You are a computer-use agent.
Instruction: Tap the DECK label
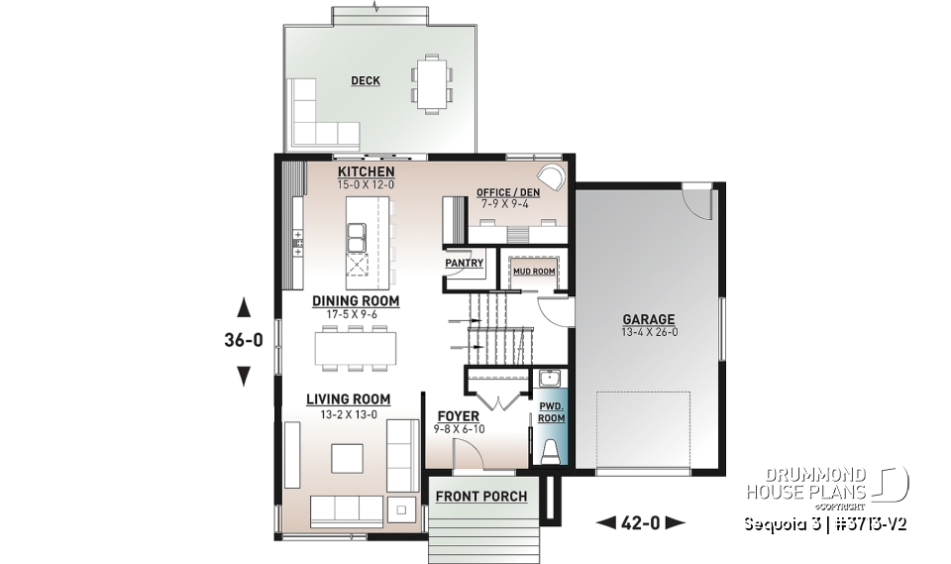click(x=366, y=81)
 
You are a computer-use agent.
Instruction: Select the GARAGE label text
click(x=648, y=319)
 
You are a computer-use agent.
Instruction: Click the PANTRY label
click(x=464, y=264)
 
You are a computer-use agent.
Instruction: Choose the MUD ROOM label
click(x=533, y=271)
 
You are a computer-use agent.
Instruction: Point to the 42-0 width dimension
click(x=640, y=521)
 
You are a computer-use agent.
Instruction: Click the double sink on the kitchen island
click(x=356, y=236)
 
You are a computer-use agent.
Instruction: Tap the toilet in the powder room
click(x=550, y=448)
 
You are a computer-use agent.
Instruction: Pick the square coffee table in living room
click(x=346, y=458)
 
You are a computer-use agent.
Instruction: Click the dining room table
click(x=355, y=348)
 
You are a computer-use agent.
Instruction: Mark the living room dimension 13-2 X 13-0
click(x=348, y=414)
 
